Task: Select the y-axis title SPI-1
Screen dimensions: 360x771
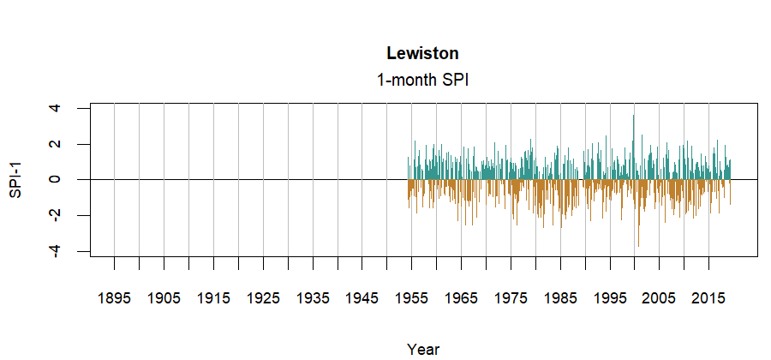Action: click(15, 179)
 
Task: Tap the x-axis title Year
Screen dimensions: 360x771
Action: click(423, 349)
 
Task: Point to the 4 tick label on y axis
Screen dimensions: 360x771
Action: click(56, 108)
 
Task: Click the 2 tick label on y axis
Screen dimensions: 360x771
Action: click(56, 144)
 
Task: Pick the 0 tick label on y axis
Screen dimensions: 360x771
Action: click(56, 179)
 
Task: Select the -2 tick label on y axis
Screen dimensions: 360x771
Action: click(56, 214)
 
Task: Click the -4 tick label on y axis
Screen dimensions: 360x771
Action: click(56, 250)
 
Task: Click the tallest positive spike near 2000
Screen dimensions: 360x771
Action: click(633, 117)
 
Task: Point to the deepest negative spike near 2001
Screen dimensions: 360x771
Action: click(637, 244)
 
